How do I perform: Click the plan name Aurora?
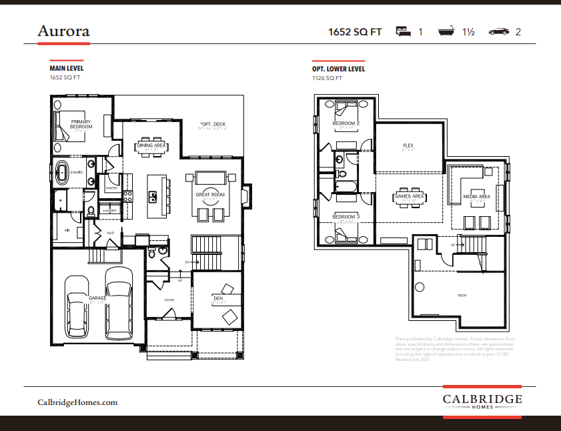[x=63, y=31]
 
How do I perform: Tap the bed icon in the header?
[x=402, y=31]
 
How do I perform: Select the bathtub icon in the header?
[x=446, y=31]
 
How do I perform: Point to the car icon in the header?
[x=499, y=31]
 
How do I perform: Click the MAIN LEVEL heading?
[x=67, y=69]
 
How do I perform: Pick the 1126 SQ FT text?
[x=327, y=78]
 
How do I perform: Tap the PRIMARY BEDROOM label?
[x=81, y=124]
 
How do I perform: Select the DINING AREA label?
[x=151, y=145]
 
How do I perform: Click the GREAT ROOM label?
[x=209, y=195]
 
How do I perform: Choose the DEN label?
[x=217, y=298]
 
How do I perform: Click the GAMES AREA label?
[x=409, y=196]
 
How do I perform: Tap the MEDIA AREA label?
[x=477, y=197]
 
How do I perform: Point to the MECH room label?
[x=461, y=295]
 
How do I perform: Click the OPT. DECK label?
[x=213, y=124]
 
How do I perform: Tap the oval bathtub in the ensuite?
[x=62, y=172]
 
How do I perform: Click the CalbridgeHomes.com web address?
[x=77, y=402]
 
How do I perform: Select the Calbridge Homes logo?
[x=482, y=401]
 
